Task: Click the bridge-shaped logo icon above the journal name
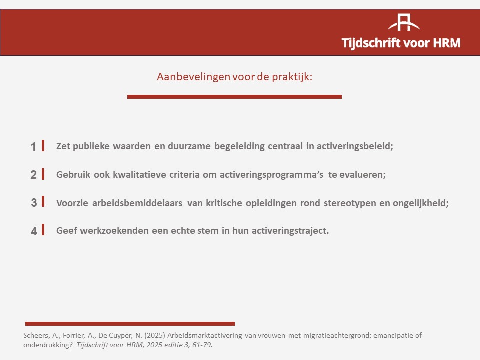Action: pos(404,22)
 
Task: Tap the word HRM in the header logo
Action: pos(447,43)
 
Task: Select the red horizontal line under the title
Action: pos(234,97)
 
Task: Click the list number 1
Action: pos(33,147)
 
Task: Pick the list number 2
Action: pos(33,175)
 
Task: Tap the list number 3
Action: pos(34,203)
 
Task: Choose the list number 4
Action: pos(34,231)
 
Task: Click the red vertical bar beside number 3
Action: pos(43,201)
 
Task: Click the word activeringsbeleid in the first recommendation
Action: pos(355,146)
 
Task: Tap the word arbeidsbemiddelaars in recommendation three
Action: pos(137,203)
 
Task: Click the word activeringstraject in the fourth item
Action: pos(290,231)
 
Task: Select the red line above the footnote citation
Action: pos(130,324)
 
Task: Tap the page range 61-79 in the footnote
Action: pos(202,345)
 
